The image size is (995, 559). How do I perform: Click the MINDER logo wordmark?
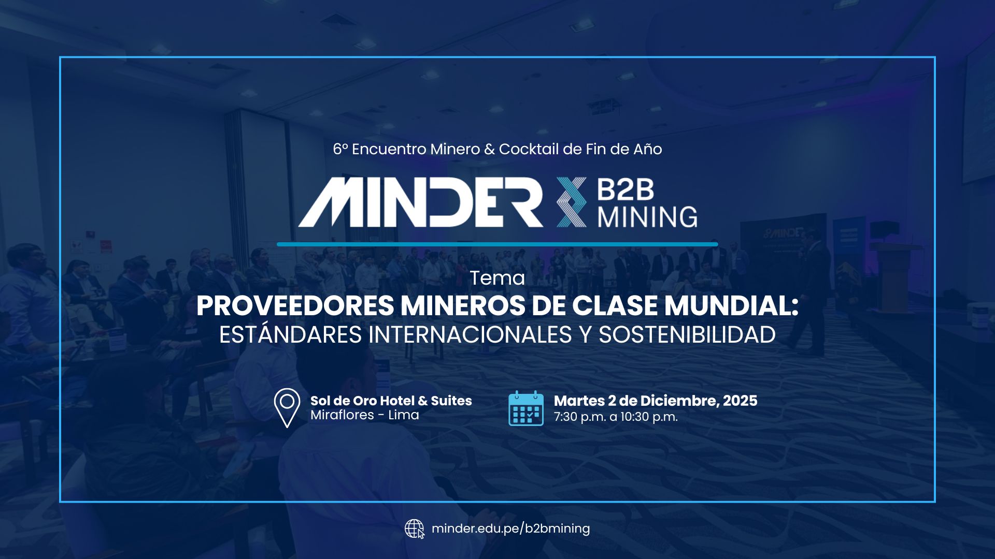tap(421, 202)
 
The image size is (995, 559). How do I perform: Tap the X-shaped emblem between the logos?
tap(572, 202)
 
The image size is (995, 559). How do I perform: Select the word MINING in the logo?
tap(647, 216)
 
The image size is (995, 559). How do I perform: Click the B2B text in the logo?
tap(626, 190)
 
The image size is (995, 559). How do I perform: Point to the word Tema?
tap(497, 278)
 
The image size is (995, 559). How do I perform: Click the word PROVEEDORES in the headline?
tap(295, 306)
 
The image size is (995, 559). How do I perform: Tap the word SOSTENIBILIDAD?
tap(687, 334)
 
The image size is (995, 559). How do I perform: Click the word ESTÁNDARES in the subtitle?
tap(290, 334)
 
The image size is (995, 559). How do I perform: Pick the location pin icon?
tap(287, 407)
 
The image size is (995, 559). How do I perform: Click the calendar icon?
tap(526, 408)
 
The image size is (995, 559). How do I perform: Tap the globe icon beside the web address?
tap(414, 529)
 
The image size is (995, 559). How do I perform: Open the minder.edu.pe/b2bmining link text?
tap(510, 528)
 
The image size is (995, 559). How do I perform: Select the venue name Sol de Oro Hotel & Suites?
tap(391, 401)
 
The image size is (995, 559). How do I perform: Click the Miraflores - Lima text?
tap(364, 415)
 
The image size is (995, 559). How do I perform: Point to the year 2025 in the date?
tap(740, 401)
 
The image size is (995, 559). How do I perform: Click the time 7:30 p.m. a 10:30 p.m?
tap(616, 417)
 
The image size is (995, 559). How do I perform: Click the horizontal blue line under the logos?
tap(497, 244)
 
